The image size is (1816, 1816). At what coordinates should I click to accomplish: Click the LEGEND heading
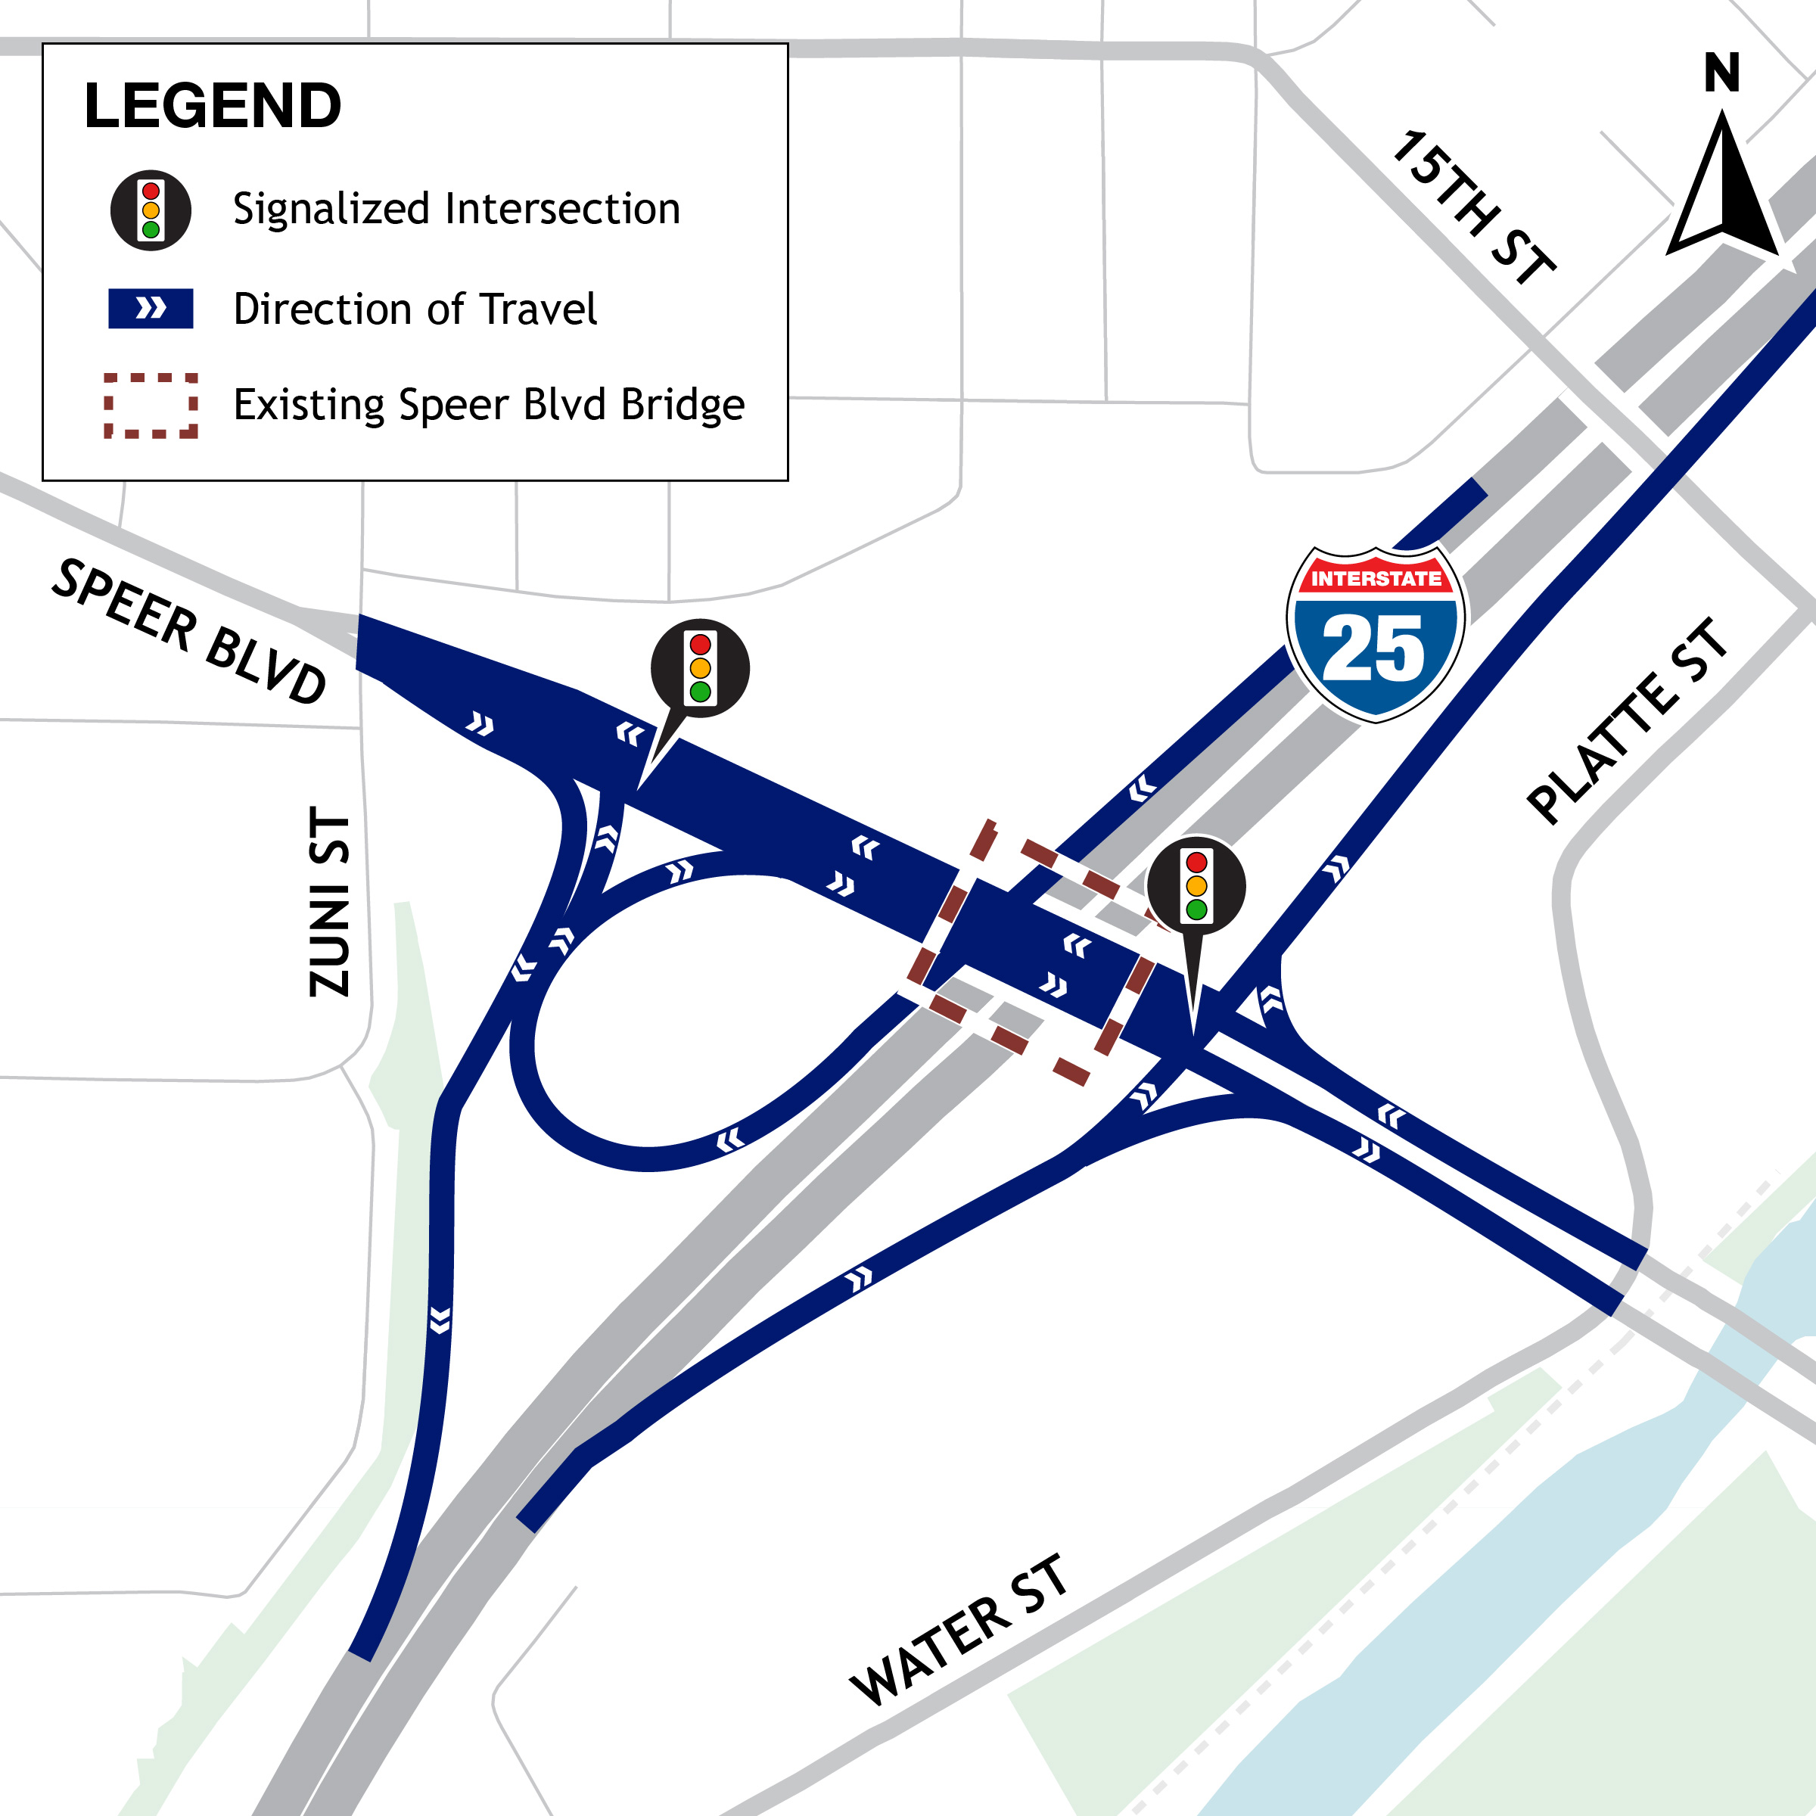pyautogui.click(x=213, y=106)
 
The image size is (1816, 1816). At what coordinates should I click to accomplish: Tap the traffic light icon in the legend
pyautogui.click(x=151, y=210)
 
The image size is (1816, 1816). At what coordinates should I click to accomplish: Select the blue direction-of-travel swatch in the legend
pyautogui.click(x=151, y=308)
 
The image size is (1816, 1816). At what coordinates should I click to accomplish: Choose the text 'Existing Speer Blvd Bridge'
pyautogui.click(x=489, y=405)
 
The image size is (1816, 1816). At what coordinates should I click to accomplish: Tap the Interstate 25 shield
pyautogui.click(x=1375, y=635)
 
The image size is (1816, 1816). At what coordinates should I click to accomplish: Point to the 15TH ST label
pyautogui.click(x=1472, y=207)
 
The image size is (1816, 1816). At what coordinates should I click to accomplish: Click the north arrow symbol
pyautogui.click(x=1722, y=188)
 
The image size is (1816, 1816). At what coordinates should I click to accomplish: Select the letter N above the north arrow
pyautogui.click(x=1722, y=73)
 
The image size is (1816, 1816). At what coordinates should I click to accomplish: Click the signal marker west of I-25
pyautogui.click(x=699, y=669)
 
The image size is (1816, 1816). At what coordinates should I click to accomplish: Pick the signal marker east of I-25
pyautogui.click(x=1196, y=886)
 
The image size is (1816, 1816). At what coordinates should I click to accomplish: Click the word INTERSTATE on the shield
pyautogui.click(x=1375, y=579)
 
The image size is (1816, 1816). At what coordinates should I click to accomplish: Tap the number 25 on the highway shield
pyautogui.click(x=1373, y=648)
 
